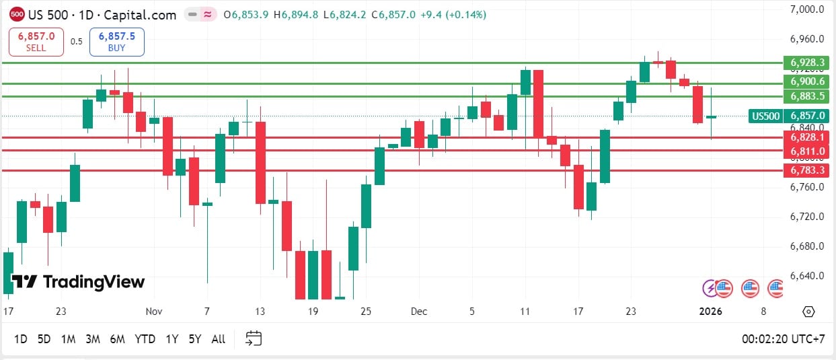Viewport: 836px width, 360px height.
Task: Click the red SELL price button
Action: click(36, 42)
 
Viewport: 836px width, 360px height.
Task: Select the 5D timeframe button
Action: click(44, 339)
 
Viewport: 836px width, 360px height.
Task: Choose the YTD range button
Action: click(145, 339)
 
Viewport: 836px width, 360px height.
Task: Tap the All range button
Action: click(219, 339)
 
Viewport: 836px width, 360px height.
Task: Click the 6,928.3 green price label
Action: click(807, 63)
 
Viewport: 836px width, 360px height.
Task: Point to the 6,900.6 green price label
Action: click(807, 81)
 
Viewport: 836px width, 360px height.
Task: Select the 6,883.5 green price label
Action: click(807, 96)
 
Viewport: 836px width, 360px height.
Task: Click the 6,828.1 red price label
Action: click(807, 137)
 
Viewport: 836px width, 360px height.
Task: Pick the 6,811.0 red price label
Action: click(807, 151)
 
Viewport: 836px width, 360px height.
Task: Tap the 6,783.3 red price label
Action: click(807, 171)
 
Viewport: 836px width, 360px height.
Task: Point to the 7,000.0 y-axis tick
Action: click(807, 9)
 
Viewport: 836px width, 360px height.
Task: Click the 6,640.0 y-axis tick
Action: click(807, 276)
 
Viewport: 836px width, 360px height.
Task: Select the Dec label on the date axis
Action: click(419, 312)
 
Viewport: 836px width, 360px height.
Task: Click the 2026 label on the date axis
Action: click(711, 312)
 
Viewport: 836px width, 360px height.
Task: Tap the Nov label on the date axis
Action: click(154, 312)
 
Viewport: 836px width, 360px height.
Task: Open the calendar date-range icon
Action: click(254, 338)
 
